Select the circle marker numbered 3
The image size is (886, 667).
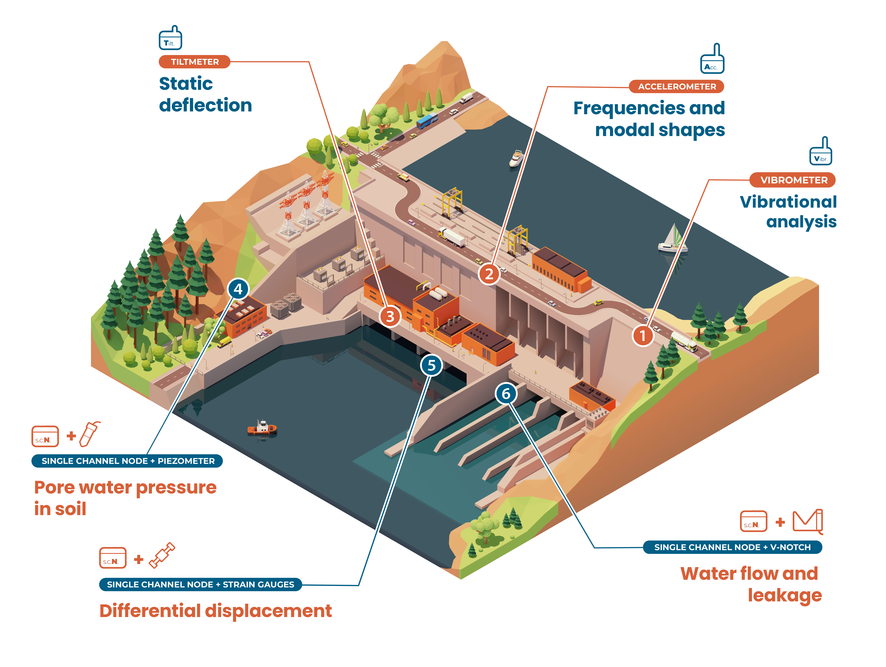[x=390, y=316]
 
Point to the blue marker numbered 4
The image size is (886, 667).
[x=238, y=289]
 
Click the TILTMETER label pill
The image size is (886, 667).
[x=195, y=62]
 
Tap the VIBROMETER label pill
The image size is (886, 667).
[x=793, y=180]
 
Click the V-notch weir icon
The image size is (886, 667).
[x=808, y=521]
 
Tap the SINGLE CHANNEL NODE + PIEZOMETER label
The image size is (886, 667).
[x=127, y=461]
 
